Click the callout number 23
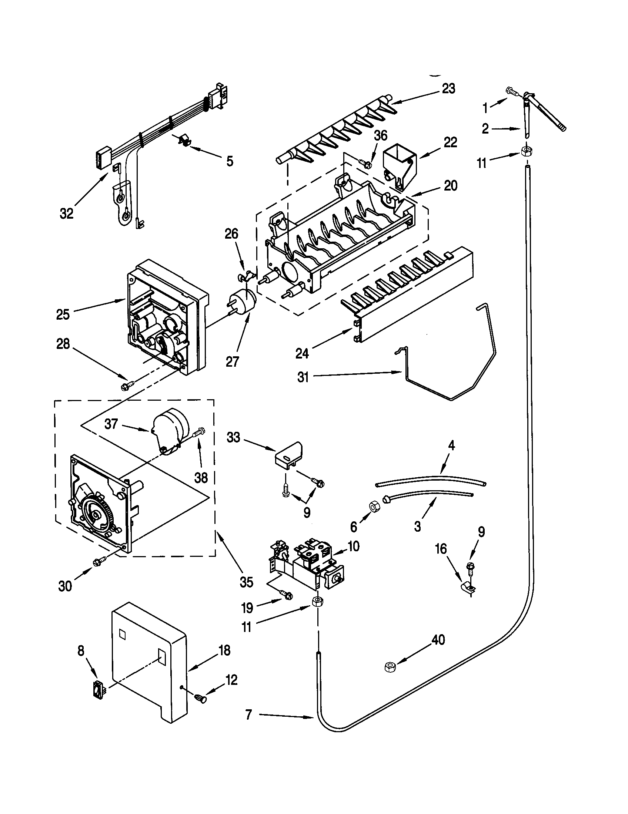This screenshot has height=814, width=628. coord(448,89)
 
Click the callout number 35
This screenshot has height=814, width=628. coord(246,582)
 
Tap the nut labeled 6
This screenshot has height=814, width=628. coord(373,507)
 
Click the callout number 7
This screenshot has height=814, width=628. coord(249,714)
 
